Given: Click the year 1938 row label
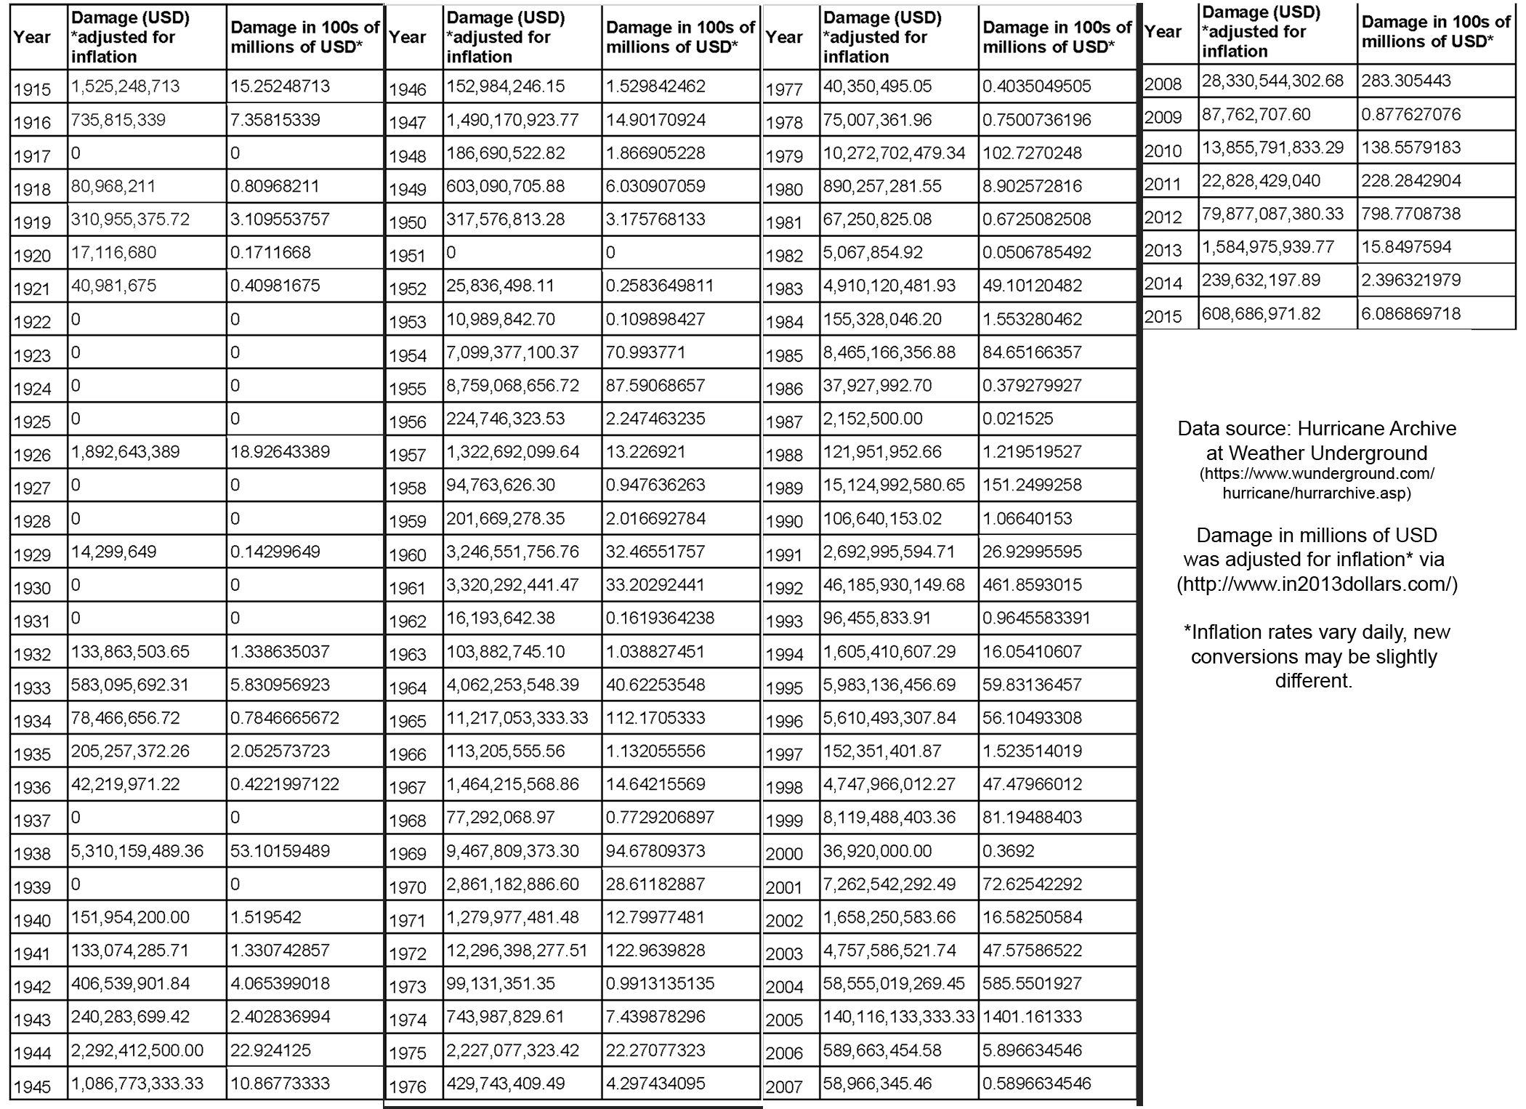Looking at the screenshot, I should pyautogui.click(x=33, y=854).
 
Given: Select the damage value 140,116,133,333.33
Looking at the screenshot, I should pyautogui.click(x=898, y=1017).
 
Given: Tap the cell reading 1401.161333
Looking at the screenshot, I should pyautogui.click(x=1032, y=1017).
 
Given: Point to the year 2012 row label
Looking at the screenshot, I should pyautogui.click(x=1163, y=217).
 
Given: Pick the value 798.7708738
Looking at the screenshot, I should pyautogui.click(x=1410, y=214).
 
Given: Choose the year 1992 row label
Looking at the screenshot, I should pyautogui.click(x=784, y=588).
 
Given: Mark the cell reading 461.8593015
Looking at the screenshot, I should pyautogui.click(x=1032, y=585).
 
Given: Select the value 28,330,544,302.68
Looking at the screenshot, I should pyautogui.click(x=1272, y=81).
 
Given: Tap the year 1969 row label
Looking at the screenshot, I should pyautogui.click(x=408, y=854).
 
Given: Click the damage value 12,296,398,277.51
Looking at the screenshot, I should pyautogui.click(x=517, y=951).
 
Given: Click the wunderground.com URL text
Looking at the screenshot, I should pyautogui.click(x=1317, y=483).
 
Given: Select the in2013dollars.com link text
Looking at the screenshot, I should pyautogui.click(x=1317, y=584).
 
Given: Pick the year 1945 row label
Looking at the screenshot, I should pyautogui.click(x=33, y=1086).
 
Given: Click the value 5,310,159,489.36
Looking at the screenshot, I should pyautogui.click(x=137, y=851).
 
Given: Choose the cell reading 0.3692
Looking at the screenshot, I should pyautogui.click(x=1008, y=851).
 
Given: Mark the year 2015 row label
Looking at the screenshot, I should pyautogui.click(x=1163, y=317).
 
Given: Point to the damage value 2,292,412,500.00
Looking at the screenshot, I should pyautogui.click(x=137, y=1050).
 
